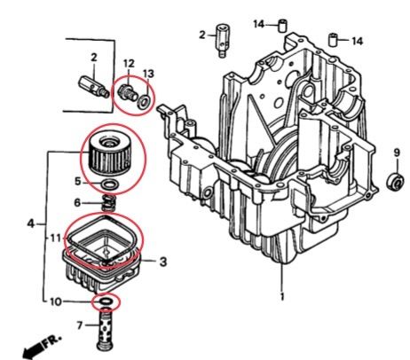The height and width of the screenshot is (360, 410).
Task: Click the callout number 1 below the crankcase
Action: [282, 295]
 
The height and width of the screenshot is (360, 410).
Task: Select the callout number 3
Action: [162, 262]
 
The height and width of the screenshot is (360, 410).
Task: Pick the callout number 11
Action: [52, 238]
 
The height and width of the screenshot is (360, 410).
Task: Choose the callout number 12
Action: [129, 63]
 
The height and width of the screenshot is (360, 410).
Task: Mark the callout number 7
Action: [79, 326]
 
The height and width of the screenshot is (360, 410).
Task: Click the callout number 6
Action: [78, 203]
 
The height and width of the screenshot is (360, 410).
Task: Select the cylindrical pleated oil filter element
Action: [112, 154]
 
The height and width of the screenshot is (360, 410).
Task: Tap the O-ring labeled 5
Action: [108, 184]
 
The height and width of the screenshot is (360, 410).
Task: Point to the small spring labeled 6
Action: [108, 203]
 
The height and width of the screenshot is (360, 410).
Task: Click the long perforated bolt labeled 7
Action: [109, 332]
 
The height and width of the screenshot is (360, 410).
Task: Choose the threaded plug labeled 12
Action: [128, 90]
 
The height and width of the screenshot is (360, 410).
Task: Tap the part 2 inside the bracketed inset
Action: [91, 84]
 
